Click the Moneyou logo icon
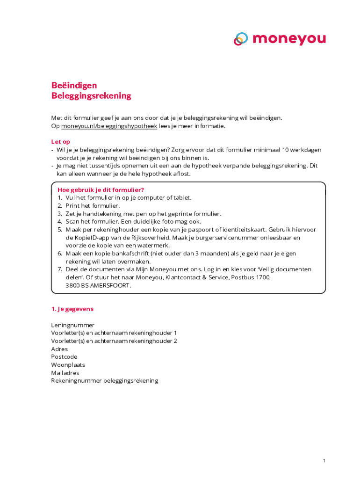[x=241, y=39]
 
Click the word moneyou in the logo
[x=289, y=39]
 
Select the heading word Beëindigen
[x=74, y=85]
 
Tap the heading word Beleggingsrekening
[x=91, y=96]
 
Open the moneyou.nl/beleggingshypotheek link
[x=109, y=126]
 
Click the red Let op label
[x=60, y=141]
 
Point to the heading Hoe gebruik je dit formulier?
[x=101, y=189]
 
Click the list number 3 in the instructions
[x=60, y=214]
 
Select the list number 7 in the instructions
[x=60, y=269]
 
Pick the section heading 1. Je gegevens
[x=72, y=309]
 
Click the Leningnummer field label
[x=72, y=325]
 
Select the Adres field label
[x=59, y=349]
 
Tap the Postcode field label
[x=64, y=357]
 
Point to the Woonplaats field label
[x=68, y=365]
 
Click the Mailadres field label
[x=65, y=373]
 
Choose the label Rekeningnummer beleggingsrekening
[x=105, y=381]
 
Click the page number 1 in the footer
[x=324, y=461]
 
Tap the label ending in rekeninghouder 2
[x=114, y=341]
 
